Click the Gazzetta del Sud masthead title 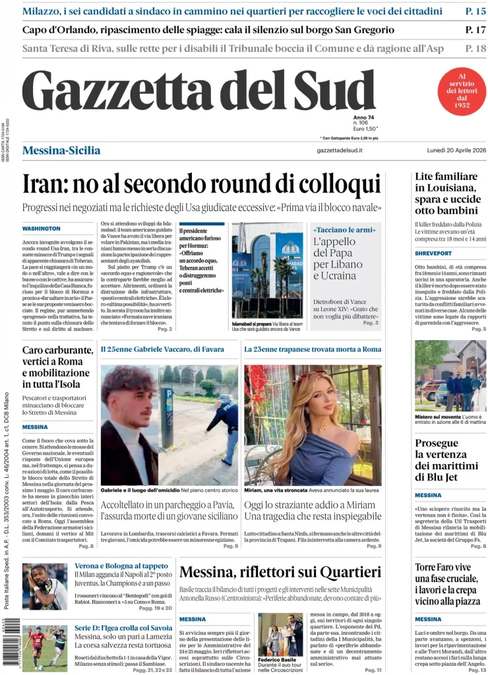coord(198,92)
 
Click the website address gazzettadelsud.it coord(340,151)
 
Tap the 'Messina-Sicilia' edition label coord(61,150)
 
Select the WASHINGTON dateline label coord(41,228)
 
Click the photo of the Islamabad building coord(267,270)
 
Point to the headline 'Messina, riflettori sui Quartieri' coord(280,572)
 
